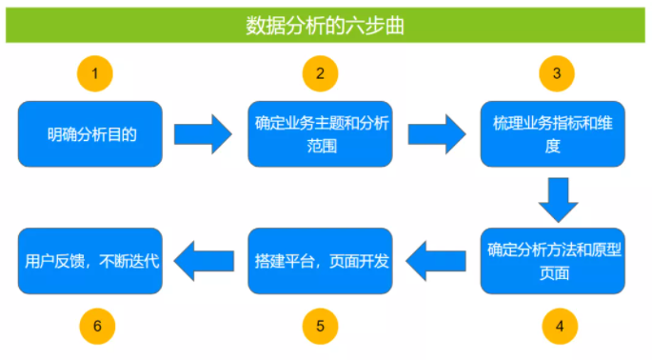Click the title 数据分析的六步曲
(325, 26)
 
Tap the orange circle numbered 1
(95, 73)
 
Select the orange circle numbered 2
(320, 73)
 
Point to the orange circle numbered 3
(557, 73)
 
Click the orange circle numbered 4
(560, 327)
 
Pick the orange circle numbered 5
(320, 327)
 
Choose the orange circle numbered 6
(97, 327)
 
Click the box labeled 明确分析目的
(90, 134)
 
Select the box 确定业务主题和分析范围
(320, 134)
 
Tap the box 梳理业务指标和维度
(553, 134)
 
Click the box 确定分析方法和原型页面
(553, 261)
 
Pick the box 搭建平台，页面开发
(320, 261)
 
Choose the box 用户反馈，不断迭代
(90, 261)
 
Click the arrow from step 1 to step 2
(203, 134)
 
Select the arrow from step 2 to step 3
(437, 134)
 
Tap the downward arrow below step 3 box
(558, 200)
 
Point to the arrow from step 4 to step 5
(436, 261)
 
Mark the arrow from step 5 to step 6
(204, 261)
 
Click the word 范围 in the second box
(322, 147)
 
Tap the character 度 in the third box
(553, 147)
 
